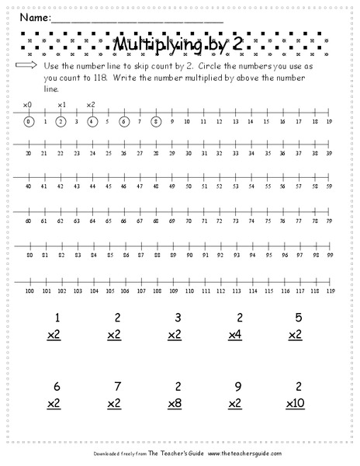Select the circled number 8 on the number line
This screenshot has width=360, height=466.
point(156,120)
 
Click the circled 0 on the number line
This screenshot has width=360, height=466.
point(29,121)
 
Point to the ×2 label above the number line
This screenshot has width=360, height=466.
point(91,104)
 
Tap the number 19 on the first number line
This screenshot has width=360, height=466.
point(330,121)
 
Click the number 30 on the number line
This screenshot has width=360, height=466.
point(29,154)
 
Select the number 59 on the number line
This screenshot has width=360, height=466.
point(330,186)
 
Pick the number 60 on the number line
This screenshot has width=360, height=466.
point(29,221)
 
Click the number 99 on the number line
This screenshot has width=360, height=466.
point(330,255)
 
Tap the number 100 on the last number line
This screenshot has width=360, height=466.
point(29,290)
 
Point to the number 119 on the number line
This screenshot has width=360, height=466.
point(330,290)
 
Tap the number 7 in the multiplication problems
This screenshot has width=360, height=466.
point(116,386)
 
